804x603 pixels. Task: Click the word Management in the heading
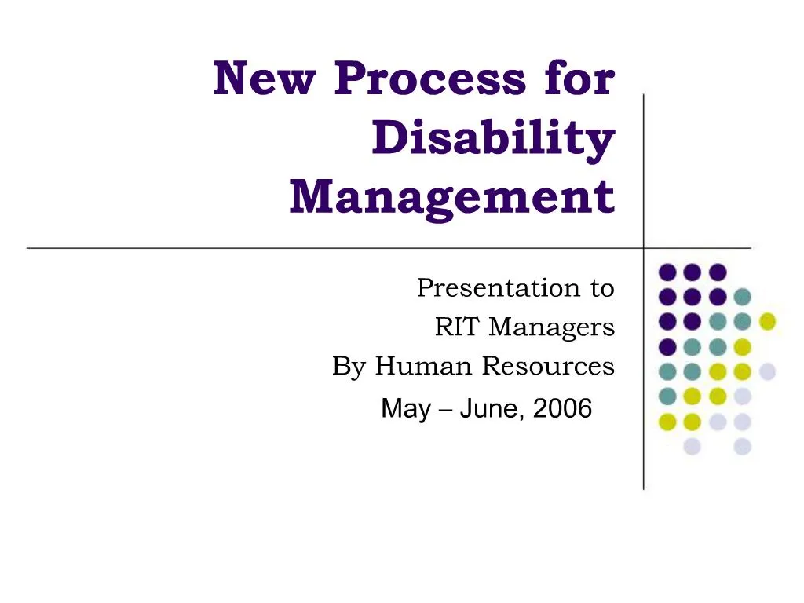(451, 196)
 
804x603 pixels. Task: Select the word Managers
(551, 327)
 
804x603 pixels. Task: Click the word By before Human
(349, 366)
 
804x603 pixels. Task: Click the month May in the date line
(405, 409)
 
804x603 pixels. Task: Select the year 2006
(562, 409)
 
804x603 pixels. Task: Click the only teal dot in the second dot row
(742, 297)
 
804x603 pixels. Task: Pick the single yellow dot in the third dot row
(767, 321)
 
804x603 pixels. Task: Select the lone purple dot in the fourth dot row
(667, 346)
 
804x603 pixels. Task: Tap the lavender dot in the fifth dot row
(767, 371)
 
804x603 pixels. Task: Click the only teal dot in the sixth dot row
(667, 396)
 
